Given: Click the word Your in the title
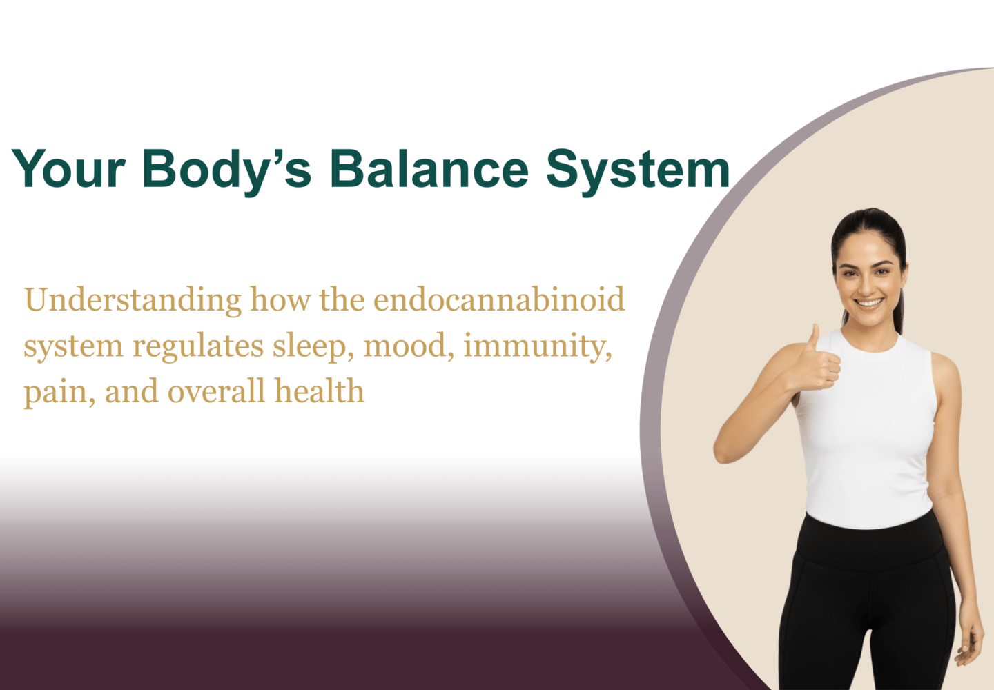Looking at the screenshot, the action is point(68,168).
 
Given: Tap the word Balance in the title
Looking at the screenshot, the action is point(429,168).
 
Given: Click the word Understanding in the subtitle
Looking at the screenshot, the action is point(133,301).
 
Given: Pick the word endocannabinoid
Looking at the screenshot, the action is point(499,299).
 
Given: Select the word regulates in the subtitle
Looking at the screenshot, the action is point(198,347).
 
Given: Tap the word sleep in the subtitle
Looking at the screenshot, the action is point(313,346).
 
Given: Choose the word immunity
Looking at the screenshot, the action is point(538,346).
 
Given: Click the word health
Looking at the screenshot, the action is point(320,391).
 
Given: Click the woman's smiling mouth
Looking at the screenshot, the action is point(869,304).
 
